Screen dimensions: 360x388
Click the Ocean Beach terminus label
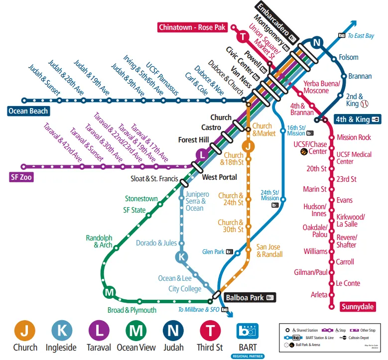[28, 111]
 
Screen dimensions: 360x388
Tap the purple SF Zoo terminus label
[21, 177]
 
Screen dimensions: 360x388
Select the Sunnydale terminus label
[358, 307]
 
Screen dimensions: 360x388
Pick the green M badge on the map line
[109, 292]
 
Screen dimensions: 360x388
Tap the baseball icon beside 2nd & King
[365, 104]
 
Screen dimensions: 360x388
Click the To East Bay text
[361, 35]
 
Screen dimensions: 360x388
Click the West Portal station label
[219, 177]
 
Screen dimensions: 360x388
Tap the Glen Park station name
[213, 252]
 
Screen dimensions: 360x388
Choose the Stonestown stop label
[141, 198]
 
